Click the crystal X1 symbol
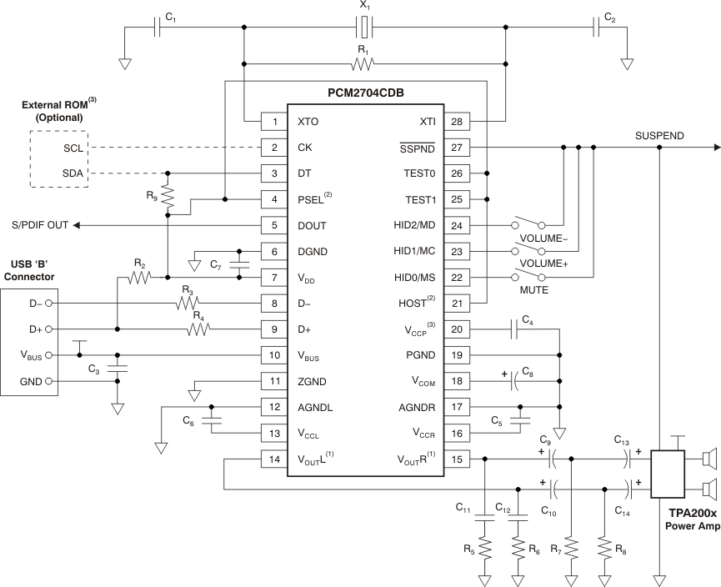(x=365, y=28)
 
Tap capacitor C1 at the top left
(x=158, y=28)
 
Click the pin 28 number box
(x=457, y=122)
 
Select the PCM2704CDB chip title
(x=365, y=92)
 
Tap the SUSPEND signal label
(x=659, y=135)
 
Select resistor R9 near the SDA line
(x=168, y=195)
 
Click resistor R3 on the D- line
(x=187, y=303)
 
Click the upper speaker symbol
(x=708, y=459)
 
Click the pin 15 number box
(x=457, y=459)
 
